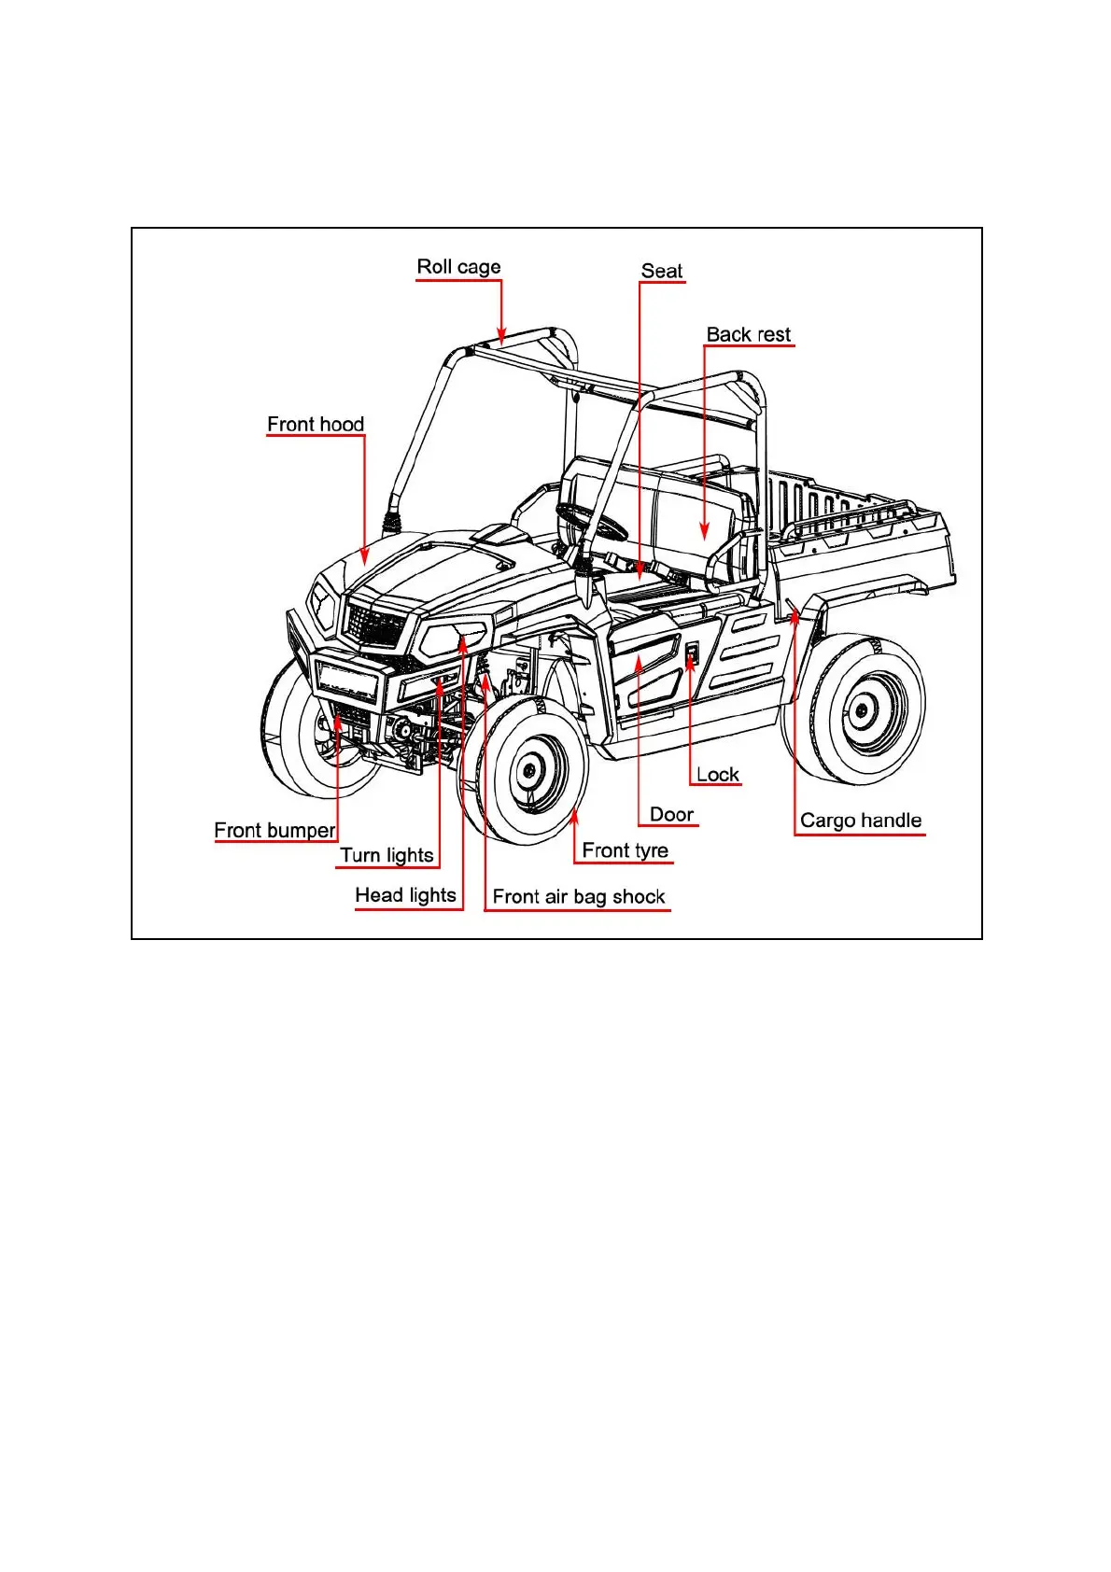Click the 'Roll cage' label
[458, 267]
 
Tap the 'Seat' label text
[662, 272]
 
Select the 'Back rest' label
[748, 335]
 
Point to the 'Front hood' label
[316, 425]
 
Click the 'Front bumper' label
[274, 831]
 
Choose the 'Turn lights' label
[387, 856]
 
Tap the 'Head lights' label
[405, 896]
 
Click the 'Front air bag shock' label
[579, 898]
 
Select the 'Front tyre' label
[625, 851]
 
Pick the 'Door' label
[671, 815]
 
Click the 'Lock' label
[717, 775]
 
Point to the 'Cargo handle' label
[860, 821]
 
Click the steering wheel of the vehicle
[592, 520]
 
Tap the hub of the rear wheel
[861, 711]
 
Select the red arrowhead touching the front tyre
[575, 818]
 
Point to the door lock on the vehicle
[692, 655]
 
